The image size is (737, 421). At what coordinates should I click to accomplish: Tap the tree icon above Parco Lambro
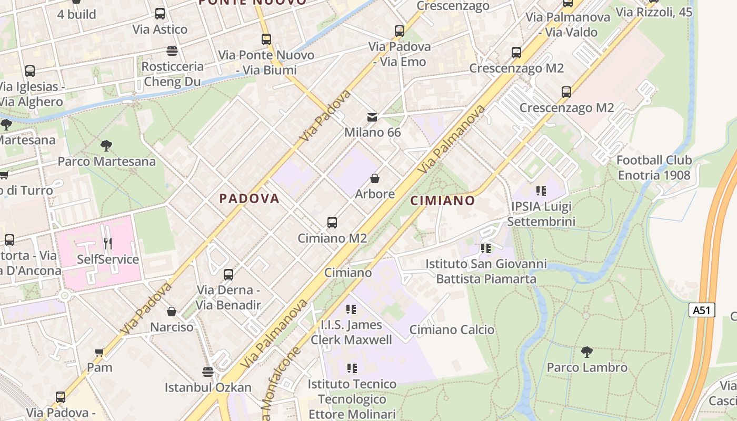pos(587,352)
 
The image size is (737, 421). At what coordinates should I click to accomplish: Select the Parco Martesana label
pos(107,161)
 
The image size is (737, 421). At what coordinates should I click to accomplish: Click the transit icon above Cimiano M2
pos(332,223)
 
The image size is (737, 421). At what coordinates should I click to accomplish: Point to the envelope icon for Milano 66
pos(373,117)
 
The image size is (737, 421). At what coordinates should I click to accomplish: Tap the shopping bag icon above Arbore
pos(375,178)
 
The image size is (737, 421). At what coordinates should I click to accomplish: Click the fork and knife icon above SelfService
pos(108,244)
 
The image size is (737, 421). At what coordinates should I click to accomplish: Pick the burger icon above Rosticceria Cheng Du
pos(172,51)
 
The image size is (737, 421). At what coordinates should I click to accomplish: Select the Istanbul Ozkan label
pos(208,387)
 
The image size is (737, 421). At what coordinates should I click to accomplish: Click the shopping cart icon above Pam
pos(99,352)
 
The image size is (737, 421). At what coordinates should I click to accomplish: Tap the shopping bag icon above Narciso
pos(172,312)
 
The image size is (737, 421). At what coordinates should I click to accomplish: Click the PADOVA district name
pos(249,198)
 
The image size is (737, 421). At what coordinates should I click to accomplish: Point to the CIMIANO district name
pos(442,201)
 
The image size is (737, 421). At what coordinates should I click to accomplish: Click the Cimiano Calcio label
pos(452,330)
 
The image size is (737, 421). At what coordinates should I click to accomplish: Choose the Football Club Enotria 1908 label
pos(654,167)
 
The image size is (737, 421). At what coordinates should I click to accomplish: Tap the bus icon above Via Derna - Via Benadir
pos(228,274)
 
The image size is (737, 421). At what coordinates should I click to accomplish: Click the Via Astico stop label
pos(160,29)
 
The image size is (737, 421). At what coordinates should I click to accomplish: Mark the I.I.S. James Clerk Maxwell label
pos(351,333)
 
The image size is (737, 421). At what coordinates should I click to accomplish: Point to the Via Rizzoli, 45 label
pos(654,12)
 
